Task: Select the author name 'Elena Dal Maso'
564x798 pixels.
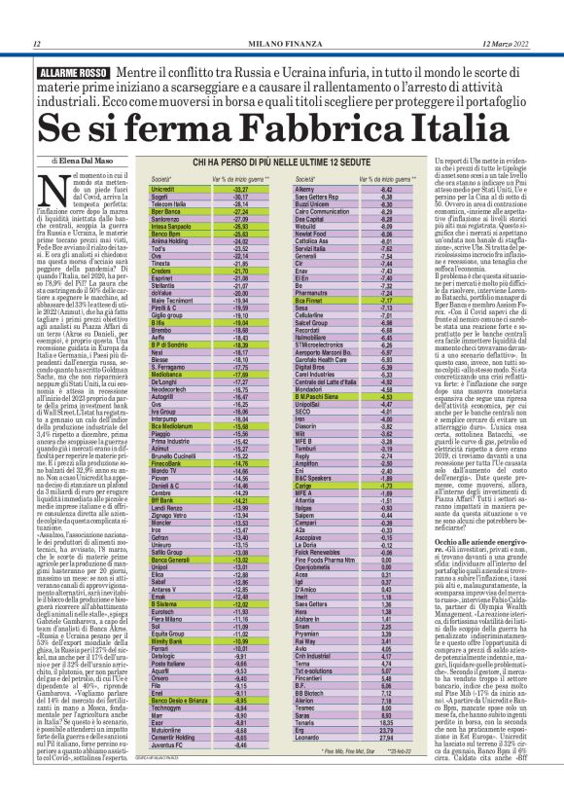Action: [x=85, y=159]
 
